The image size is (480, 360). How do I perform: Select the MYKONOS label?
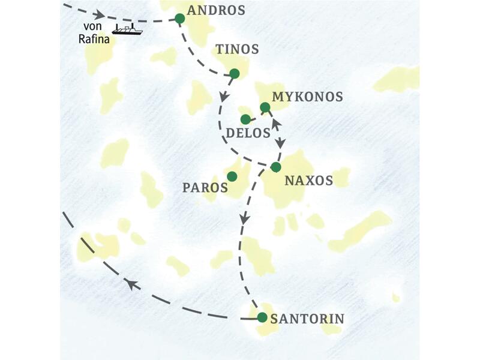tap(307, 97)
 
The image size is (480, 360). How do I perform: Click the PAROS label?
tap(205, 187)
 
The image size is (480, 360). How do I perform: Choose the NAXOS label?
tap(308, 179)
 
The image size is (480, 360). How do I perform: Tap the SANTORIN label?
tap(307, 319)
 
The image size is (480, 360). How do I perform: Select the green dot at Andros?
tap(179, 19)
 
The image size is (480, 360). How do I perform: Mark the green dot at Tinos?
tap(235, 73)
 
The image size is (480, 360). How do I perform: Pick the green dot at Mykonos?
tap(265, 107)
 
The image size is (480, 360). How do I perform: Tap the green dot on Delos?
tap(245, 119)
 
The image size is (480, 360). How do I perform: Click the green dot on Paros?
tap(232, 176)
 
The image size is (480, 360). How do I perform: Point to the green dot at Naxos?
tap(275, 167)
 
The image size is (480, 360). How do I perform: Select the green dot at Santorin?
tap(262, 317)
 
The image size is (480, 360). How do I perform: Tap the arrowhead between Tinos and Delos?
tap(224, 97)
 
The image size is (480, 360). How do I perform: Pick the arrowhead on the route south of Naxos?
tap(244, 219)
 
